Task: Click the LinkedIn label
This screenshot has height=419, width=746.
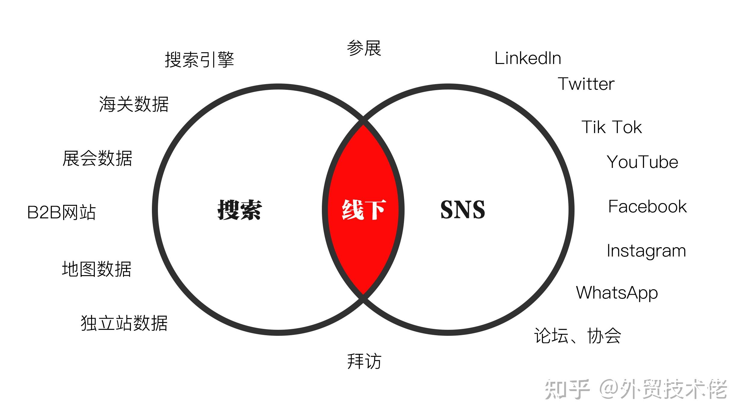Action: click(528, 58)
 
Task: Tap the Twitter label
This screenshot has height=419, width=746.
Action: click(586, 84)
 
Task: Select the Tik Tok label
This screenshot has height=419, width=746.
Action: click(612, 127)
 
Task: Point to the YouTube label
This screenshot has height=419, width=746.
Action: click(642, 162)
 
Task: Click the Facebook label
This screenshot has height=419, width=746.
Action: click(647, 207)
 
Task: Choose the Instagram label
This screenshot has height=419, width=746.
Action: click(646, 251)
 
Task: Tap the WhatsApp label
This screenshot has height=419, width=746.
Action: click(617, 293)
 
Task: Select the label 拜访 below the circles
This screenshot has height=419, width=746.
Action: click(364, 361)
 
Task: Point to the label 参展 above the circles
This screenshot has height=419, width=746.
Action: click(364, 48)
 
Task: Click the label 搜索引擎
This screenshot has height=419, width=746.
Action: click(199, 59)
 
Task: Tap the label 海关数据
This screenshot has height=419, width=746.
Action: click(134, 104)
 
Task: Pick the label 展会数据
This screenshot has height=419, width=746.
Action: click(97, 158)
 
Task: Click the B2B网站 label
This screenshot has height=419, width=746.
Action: click(61, 212)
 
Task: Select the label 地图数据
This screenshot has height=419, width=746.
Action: click(97, 269)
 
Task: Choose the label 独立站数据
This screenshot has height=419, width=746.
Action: click(124, 323)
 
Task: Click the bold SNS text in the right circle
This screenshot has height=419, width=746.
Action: click(463, 210)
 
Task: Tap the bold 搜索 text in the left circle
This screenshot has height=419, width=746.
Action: click(239, 210)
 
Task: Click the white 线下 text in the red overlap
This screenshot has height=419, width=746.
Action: click(364, 210)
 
